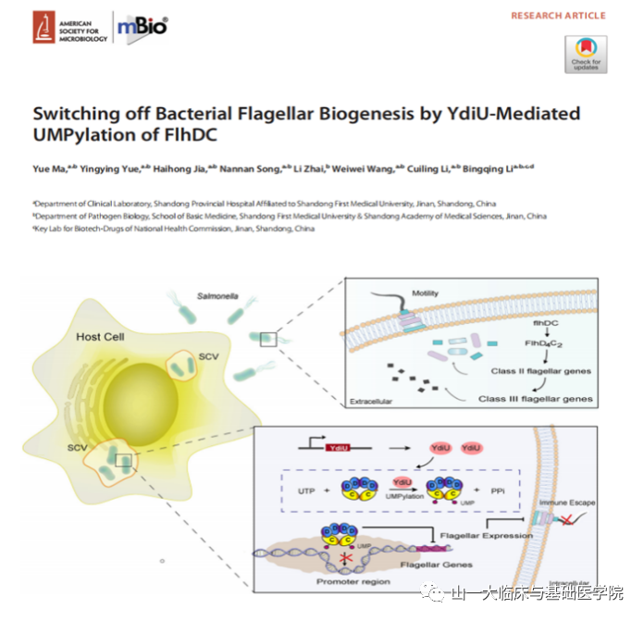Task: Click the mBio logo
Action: coord(142,26)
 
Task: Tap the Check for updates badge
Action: coord(585,54)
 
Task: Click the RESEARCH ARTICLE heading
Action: coord(558,16)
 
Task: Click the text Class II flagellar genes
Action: coord(540,371)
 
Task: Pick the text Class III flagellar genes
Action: coord(536,399)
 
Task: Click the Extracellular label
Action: coord(371,403)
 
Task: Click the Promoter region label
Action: coord(353,582)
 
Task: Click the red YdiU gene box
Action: coord(338,448)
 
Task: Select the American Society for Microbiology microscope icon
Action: coord(43,27)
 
